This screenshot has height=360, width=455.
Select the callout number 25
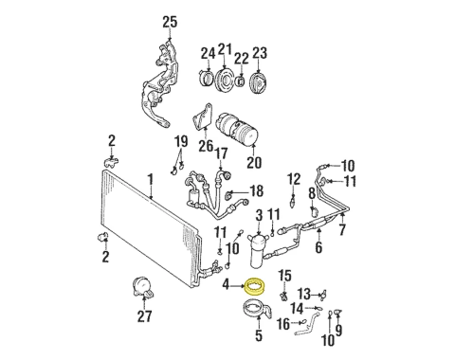coord(170,22)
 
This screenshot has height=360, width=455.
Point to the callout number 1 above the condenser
coord(150,177)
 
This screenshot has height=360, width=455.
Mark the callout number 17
coord(221,154)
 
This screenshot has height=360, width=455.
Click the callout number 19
coord(180,142)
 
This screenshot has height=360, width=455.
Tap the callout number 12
coord(294,177)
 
